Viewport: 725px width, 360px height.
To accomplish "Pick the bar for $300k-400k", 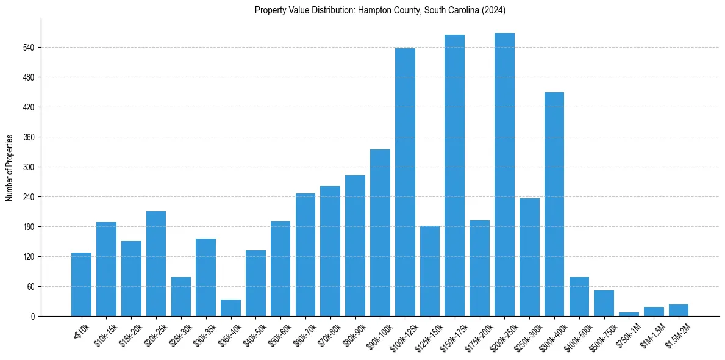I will point(554,204).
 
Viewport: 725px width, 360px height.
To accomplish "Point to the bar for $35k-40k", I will point(230,308).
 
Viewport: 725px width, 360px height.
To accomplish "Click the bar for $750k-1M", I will point(629,314).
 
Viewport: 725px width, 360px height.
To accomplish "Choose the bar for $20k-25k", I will point(156,264).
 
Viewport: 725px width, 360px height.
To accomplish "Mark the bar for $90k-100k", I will point(380,232).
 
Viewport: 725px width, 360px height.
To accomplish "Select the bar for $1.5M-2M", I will point(679,311).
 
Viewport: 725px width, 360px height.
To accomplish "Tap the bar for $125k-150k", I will point(429,271).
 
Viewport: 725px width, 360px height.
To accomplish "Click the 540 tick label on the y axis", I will point(28,48).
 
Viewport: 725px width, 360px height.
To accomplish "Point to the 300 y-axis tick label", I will point(28,167).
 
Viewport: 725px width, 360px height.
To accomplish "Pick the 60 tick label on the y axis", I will point(30,287).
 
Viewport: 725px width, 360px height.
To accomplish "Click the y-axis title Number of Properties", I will point(10,167).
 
